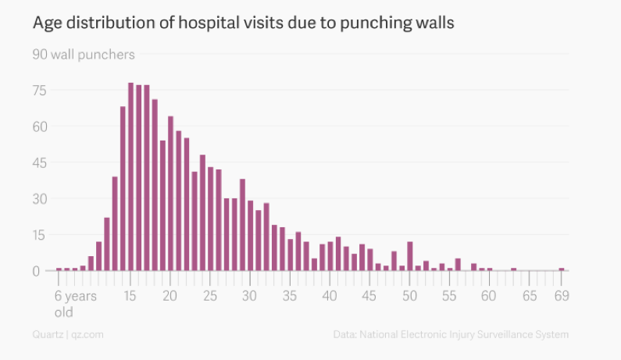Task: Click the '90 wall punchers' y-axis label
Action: (84, 55)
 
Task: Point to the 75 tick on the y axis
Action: (40, 91)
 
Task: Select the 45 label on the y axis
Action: (40, 162)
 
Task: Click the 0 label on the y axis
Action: (36, 271)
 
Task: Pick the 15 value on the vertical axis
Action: (40, 235)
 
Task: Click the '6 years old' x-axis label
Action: (75, 304)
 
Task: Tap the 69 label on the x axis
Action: (561, 296)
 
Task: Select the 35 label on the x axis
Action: (290, 296)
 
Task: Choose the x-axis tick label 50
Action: (409, 296)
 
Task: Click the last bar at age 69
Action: (561, 269)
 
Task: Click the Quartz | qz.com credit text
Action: (68, 334)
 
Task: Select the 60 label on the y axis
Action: (40, 127)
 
